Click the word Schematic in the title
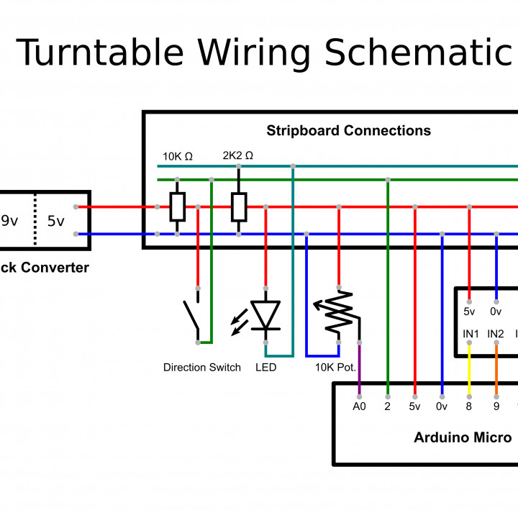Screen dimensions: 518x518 [x=418, y=53]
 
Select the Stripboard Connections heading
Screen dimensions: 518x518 [x=348, y=131]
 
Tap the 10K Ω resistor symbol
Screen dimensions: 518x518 [x=178, y=207]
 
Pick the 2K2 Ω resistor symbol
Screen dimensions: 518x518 [x=239, y=207]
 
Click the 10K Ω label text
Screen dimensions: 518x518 [x=178, y=156]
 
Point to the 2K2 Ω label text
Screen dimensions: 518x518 [x=238, y=156]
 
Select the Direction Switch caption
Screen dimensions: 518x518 [x=201, y=368]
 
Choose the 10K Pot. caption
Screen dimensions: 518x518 [x=335, y=368]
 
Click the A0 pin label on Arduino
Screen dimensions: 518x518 [x=360, y=407]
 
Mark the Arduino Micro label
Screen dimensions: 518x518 [x=463, y=437]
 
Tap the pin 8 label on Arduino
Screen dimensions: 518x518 [x=469, y=407]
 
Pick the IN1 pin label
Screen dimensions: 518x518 [x=471, y=334]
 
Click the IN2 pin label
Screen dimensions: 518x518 [x=496, y=334]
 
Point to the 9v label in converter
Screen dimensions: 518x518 [x=9, y=221]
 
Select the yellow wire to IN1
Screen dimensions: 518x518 [x=469, y=369]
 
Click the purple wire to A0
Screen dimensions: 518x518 [x=360, y=368]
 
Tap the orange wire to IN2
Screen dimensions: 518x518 [x=496, y=369]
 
